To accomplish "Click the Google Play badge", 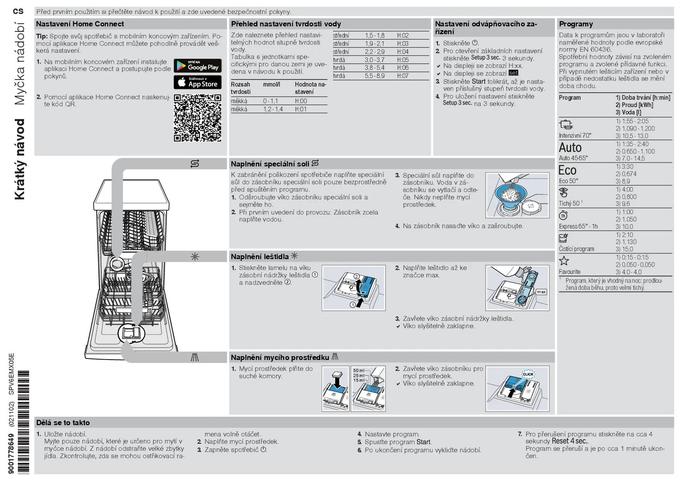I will (197, 66).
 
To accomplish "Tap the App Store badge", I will (197, 82).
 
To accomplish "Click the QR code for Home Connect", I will (197, 118).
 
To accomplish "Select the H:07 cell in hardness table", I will (403, 76).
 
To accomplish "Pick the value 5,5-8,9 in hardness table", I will (374, 76).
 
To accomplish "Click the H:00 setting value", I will (301, 101).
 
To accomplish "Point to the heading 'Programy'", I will (576, 24).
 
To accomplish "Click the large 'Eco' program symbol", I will (567, 170).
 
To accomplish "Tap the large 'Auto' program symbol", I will (570, 148).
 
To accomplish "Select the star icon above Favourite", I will (564, 260).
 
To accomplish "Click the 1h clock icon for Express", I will (563, 215).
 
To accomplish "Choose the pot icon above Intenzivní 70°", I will (566, 125).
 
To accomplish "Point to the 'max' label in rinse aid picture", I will (541, 292).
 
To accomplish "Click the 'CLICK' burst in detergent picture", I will (528, 374).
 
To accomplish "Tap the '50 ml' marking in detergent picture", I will (358, 370).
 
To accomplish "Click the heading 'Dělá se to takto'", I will (63, 423).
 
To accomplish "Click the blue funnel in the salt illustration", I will (512, 194).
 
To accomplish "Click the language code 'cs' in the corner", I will (18, 11).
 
